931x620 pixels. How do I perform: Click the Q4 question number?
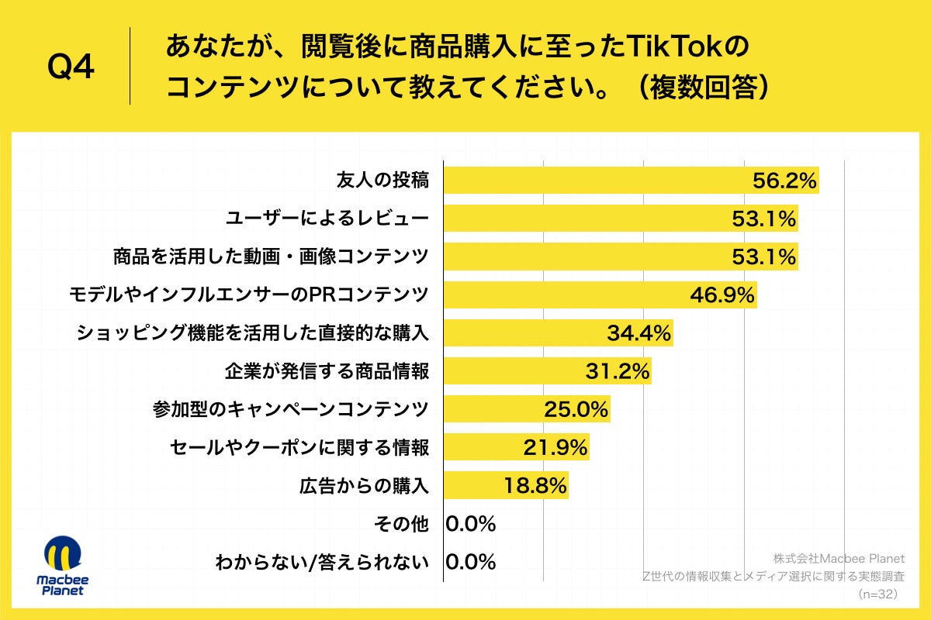[x=71, y=68]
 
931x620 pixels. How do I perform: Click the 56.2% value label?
[x=784, y=181]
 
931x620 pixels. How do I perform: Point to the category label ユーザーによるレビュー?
[x=327, y=219]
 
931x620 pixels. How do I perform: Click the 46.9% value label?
[x=722, y=294]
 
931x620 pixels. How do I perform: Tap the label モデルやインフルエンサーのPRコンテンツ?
[x=248, y=294]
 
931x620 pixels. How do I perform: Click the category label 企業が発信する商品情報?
[x=327, y=371]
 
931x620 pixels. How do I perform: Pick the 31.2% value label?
[x=617, y=372]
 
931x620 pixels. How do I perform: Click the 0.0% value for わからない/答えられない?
[x=471, y=562]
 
